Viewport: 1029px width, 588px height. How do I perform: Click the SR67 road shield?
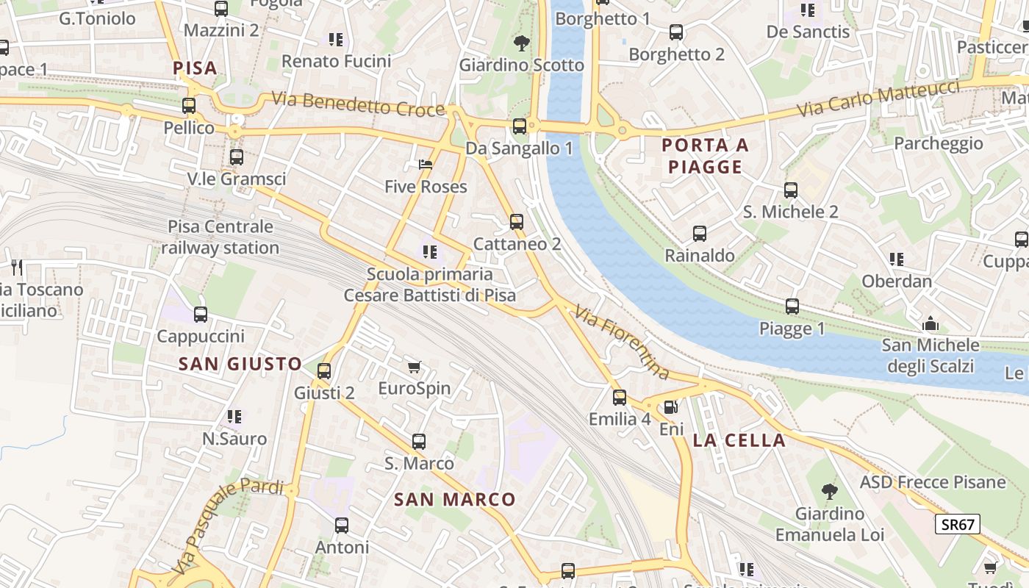click(x=958, y=524)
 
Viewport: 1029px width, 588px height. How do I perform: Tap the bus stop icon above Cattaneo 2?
click(x=517, y=222)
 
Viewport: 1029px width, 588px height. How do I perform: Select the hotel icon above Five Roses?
click(x=426, y=165)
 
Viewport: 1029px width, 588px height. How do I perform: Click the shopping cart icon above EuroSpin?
click(x=414, y=367)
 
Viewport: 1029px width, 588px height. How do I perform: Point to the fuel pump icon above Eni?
click(x=670, y=406)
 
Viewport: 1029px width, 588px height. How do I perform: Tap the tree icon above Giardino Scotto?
click(x=522, y=43)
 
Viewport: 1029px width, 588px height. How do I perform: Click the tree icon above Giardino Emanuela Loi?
click(x=829, y=491)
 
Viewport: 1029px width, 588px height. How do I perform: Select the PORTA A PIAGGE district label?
click(x=706, y=156)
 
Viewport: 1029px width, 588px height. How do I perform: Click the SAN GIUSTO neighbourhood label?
click(x=240, y=363)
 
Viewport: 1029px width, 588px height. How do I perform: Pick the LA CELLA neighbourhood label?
click(x=739, y=441)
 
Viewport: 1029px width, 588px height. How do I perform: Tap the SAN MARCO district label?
click(x=455, y=500)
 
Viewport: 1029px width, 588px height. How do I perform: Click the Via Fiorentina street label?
click(x=623, y=343)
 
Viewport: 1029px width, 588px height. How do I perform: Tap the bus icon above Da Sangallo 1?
click(x=520, y=126)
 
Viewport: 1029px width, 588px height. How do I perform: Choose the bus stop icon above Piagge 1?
click(x=792, y=306)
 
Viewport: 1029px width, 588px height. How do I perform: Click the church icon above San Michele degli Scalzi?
click(x=931, y=323)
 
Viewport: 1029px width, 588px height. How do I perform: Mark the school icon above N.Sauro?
click(x=234, y=417)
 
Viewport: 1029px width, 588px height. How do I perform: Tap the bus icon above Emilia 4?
click(x=620, y=398)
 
